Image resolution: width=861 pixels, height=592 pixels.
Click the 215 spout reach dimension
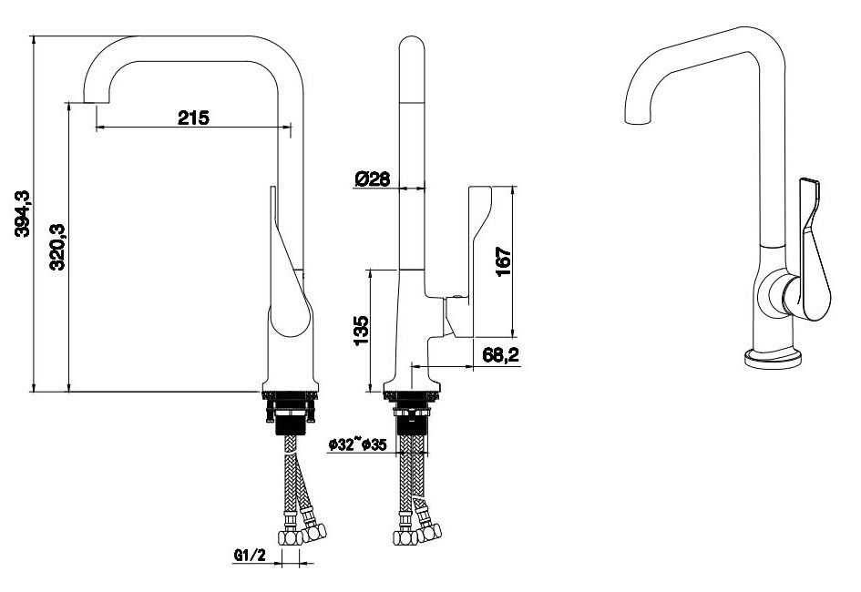[x=193, y=117]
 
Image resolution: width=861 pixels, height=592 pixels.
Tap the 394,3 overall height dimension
[x=23, y=213]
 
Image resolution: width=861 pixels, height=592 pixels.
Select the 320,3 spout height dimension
[x=57, y=246]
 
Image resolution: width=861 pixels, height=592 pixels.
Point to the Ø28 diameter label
[x=373, y=179]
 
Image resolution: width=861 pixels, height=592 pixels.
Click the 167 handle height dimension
[x=503, y=261]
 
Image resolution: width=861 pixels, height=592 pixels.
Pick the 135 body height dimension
[x=361, y=331]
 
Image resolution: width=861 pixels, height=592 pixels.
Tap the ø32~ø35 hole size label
[x=357, y=445]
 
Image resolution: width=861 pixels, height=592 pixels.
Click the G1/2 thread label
[x=250, y=556]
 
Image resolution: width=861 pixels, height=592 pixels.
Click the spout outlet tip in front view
[x=96, y=102]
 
